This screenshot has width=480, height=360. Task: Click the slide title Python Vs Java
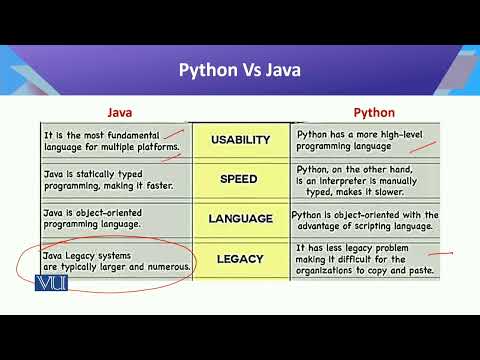[x=239, y=70]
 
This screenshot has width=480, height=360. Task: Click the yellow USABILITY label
[x=240, y=140]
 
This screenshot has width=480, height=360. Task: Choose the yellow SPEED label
[x=240, y=179]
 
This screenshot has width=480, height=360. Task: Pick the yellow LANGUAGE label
[x=240, y=218]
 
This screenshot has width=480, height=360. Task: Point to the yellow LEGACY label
[x=240, y=259]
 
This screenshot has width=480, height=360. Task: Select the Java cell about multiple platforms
[x=111, y=140]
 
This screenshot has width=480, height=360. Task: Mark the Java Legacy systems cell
[x=116, y=262]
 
